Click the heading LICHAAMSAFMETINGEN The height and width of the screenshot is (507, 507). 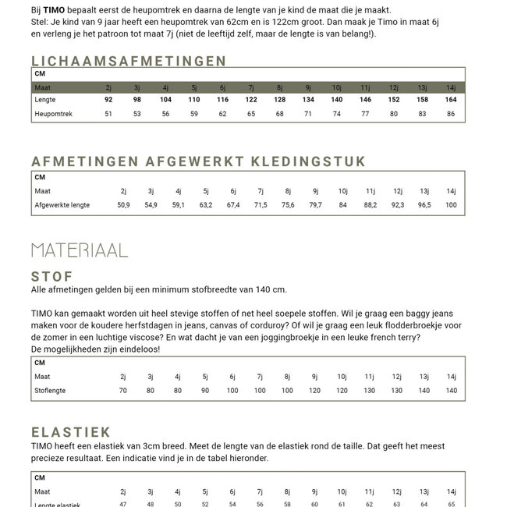pos(129,61)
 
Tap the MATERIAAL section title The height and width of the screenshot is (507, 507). pos(80,250)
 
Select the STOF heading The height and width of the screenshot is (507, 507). pos(52,276)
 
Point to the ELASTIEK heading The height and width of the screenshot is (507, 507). pos(71,431)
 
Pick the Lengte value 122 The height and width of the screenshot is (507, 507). pos(251,100)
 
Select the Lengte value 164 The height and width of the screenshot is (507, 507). pos(451,100)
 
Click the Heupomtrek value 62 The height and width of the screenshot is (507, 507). pos(222,114)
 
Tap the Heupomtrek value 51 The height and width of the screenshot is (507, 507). pos(108,114)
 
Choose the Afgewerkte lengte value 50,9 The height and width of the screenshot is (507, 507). pos(123,205)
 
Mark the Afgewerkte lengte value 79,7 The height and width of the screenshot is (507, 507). pos(315,205)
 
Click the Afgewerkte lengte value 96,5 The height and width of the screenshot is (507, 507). pos(424,205)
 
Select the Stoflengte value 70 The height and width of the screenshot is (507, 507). pos(123,390)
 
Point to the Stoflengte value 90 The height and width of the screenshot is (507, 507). pos(205,390)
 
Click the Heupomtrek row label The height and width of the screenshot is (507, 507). pos(53,114)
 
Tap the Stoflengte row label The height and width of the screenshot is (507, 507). pos(50,390)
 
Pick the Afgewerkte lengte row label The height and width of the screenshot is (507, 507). pos(62,205)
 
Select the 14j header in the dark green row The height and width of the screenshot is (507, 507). pos(451,87)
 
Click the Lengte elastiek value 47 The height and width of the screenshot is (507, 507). pos(123,505)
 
